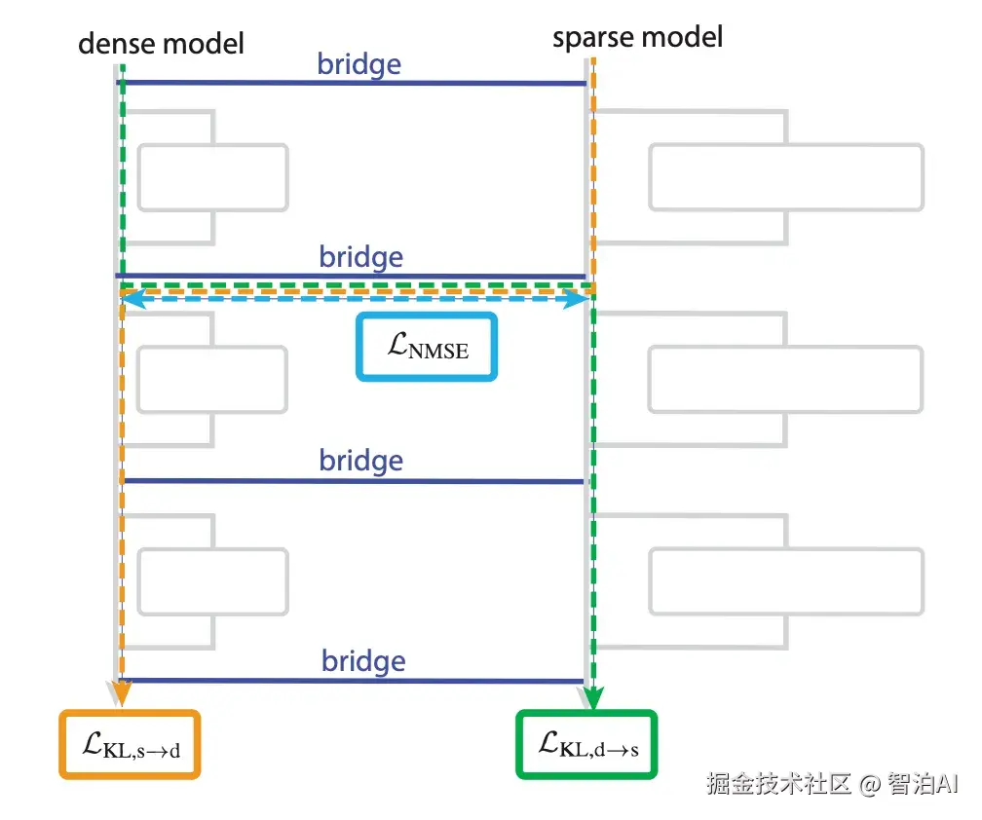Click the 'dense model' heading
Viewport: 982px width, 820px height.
[x=161, y=43]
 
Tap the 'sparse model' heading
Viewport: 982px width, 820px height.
[x=637, y=38]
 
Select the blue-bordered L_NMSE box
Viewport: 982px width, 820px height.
[x=427, y=346]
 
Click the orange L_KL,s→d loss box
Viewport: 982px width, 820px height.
[x=131, y=745]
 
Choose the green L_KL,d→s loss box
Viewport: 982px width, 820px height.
[x=587, y=745]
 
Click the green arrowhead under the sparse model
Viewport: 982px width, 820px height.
[x=592, y=697]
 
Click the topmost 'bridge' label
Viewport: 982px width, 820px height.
[x=359, y=64]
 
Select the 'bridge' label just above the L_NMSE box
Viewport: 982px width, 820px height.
[x=360, y=257]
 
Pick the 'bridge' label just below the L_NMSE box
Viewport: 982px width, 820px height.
[x=360, y=460]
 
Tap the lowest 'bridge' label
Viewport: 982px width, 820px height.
[x=363, y=662]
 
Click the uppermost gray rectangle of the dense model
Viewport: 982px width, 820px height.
[x=212, y=177]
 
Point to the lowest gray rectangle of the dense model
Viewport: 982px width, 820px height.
[x=212, y=582]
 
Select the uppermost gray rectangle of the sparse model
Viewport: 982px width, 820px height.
[x=785, y=177]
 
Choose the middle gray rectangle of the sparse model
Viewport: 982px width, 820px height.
[x=785, y=379]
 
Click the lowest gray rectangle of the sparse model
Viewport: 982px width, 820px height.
[x=785, y=582]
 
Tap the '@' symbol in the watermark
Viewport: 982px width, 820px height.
[x=870, y=784]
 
